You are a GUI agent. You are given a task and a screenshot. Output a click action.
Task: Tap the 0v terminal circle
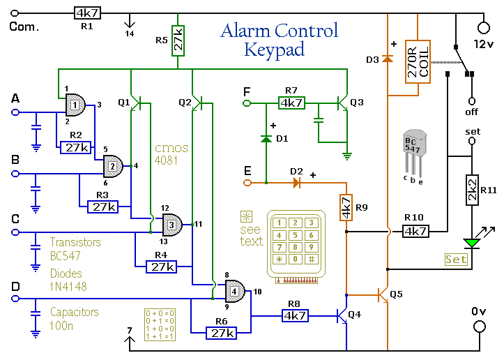click(480, 327)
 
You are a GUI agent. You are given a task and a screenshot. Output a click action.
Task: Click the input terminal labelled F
click(246, 103)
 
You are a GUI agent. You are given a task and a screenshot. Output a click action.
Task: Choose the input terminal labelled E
click(246, 183)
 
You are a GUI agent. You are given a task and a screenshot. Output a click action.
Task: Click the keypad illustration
click(296, 244)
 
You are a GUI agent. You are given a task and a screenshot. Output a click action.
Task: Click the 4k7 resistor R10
click(417, 230)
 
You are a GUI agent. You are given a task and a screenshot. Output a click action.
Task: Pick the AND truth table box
click(159, 324)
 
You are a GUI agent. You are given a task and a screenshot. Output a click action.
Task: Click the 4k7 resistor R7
click(291, 103)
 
